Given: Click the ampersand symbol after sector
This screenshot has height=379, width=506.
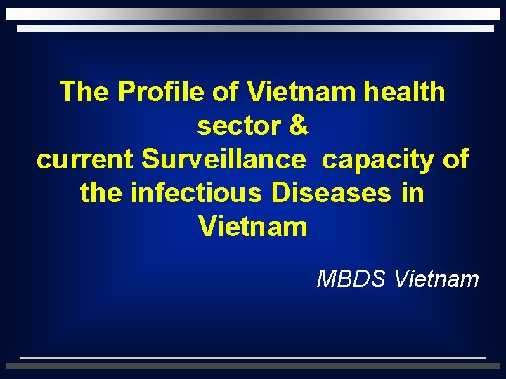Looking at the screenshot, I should (298, 126).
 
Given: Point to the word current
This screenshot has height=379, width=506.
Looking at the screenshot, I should (85, 160).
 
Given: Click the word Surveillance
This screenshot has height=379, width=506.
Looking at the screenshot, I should (224, 160).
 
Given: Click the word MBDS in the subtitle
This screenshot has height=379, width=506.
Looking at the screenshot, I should (352, 279).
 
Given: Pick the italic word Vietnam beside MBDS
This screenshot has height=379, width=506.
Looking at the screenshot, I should (436, 279).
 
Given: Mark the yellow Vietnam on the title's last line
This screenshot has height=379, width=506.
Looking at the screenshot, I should (252, 227).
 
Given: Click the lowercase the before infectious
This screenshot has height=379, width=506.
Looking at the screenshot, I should (103, 192).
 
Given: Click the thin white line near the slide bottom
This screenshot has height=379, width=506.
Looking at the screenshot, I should (252, 357).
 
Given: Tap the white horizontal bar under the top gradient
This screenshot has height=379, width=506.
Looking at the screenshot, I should (255, 29).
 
